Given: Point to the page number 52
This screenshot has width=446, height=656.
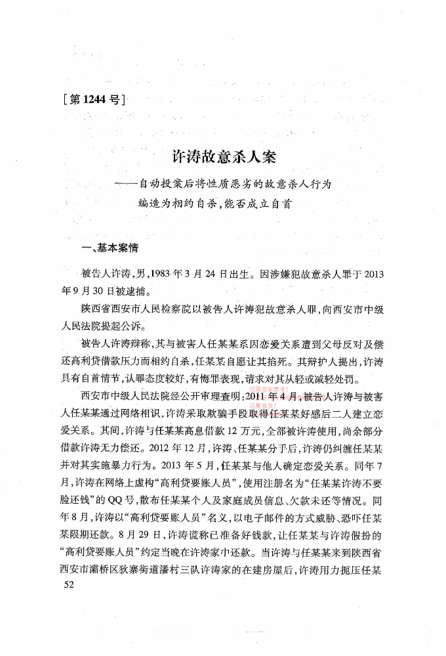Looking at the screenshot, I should (x=68, y=584).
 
